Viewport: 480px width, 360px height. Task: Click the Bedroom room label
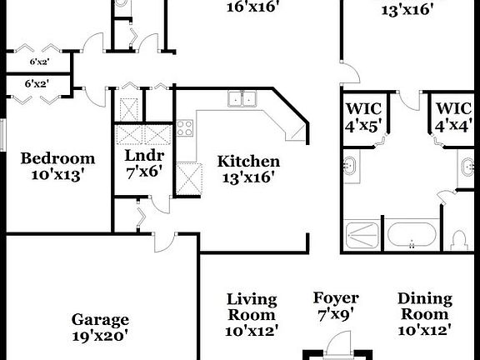pos(57,158)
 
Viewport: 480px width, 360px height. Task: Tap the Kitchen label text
pos(248,161)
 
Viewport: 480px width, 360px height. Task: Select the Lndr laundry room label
pos(144,155)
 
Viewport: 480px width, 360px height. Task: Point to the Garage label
pos(100,320)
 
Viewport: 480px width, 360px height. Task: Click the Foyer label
pos(336,298)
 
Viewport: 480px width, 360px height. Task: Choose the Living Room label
pos(252,307)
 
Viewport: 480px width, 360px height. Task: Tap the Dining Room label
pos(425,307)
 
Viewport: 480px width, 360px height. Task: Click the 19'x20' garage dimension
pos(100,337)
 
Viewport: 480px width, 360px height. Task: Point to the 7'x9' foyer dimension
pos(336,315)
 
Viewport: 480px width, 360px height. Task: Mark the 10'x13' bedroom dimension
pos(57,175)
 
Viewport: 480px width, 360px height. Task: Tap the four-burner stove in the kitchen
pos(185,128)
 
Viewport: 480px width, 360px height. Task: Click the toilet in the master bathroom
pos(457,240)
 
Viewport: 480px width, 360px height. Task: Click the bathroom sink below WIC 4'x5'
pos(352,166)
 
